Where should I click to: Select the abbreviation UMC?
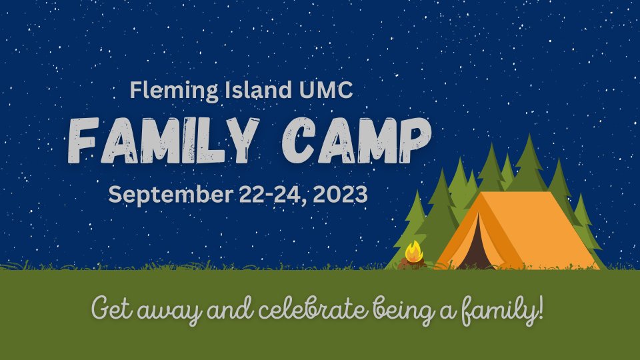pos(326,90)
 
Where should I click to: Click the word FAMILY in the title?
pos(163,140)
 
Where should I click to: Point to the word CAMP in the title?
pos(356,140)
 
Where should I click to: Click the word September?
pos(170,195)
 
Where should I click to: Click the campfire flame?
pos(413,252)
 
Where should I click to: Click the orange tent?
pos(519,231)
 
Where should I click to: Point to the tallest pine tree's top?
pos(529,135)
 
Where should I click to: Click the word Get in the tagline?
pos(112,308)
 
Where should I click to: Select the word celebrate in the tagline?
pos(313,309)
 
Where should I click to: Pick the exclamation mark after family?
pos(541,307)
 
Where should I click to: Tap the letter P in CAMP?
pos(415,140)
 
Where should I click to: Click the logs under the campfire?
pos(412,265)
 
